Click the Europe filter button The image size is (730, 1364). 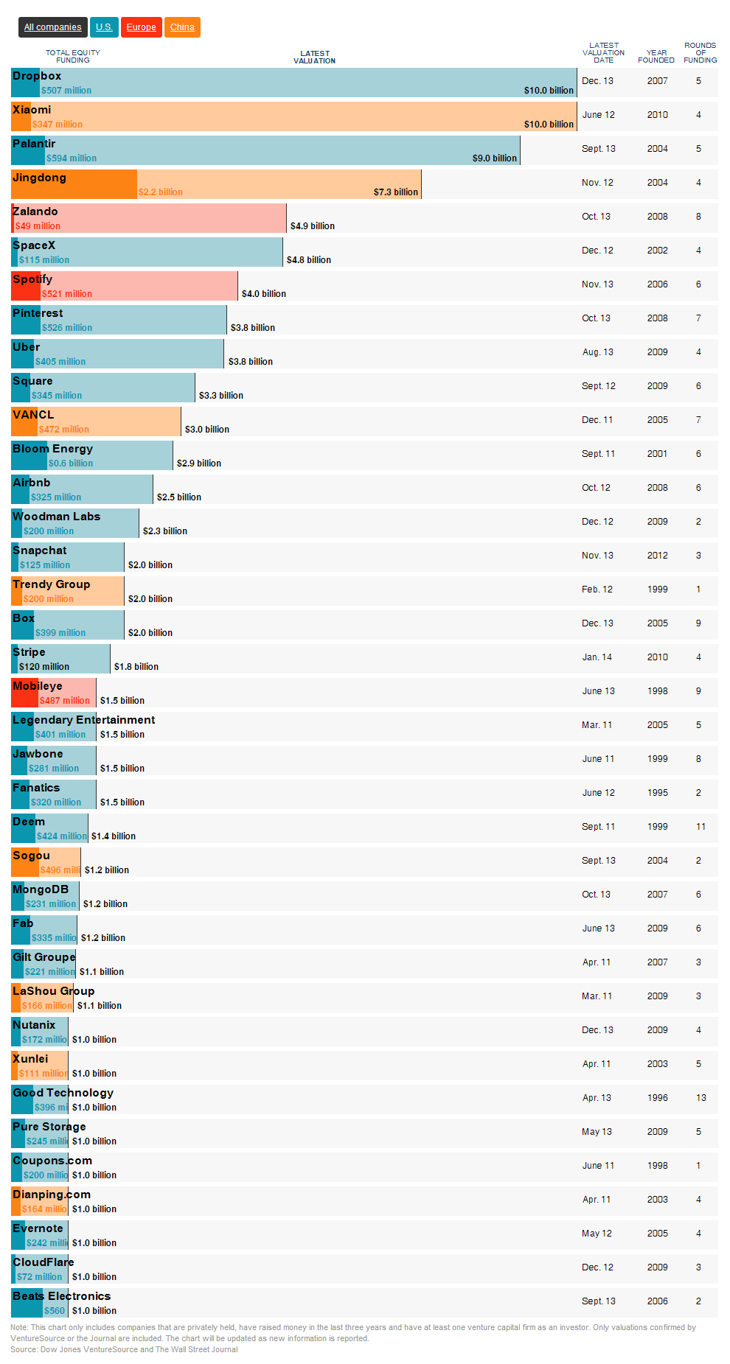pos(141,27)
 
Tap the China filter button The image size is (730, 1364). pos(182,27)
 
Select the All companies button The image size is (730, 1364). pos(52,27)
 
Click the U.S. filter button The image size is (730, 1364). pos(104,27)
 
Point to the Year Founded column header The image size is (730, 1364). pos(656,56)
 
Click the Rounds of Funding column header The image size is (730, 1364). pos(700,53)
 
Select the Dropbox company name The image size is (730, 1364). pos(37,76)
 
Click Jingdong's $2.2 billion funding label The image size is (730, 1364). pos(161,192)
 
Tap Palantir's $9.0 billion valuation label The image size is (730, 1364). pos(494,158)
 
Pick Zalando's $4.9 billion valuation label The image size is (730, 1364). pos(312,226)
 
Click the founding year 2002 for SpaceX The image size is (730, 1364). pos(657,251)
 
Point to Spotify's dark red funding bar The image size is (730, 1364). pos(26,286)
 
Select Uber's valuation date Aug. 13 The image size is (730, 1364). pos(597,352)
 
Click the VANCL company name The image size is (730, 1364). pos(33,415)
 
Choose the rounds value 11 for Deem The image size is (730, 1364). pos(701,827)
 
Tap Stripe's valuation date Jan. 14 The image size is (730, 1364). pos(597,657)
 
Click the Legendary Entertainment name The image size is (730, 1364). pos(83,720)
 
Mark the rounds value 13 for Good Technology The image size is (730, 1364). pos(701,1098)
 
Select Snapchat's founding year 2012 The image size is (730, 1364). pos(657,556)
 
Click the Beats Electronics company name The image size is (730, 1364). pos(61,1296)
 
